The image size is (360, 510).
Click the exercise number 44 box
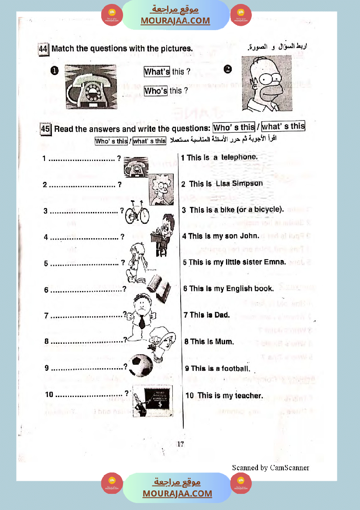coord(43,49)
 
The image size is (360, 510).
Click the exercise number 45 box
coord(45,129)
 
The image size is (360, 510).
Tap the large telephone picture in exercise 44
coord(91,87)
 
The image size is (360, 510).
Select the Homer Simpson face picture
coord(267,83)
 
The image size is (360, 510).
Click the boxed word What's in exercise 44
coord(157,72)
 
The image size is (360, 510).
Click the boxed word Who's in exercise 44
coord(156,91)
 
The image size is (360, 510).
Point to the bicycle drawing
coord(137,213)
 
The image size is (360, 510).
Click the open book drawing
coord(159,289)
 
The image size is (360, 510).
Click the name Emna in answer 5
coord(275,262)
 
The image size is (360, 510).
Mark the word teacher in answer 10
coord(249,396)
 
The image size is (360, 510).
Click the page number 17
coord(181,444)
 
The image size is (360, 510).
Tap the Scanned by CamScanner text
coord(271,468)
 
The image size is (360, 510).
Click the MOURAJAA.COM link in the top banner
coord(175,21)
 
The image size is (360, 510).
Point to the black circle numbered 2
coord(228,69)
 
